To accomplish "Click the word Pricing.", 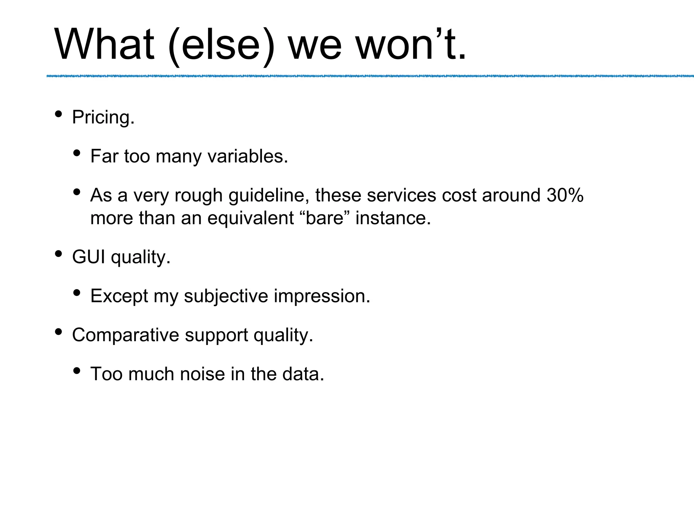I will tap(103, 118).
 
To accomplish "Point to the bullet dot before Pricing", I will tap(58, 114).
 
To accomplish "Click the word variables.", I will tap(247, 156).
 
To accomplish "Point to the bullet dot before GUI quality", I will tap(58, 254).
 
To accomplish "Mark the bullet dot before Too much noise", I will tap(77, 371).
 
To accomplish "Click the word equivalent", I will tap(250, 218).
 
